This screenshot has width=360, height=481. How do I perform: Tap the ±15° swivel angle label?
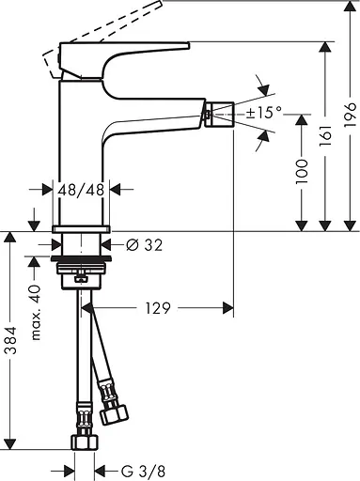[x=265, y=113]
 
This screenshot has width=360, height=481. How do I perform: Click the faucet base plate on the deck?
[x=82, y=228]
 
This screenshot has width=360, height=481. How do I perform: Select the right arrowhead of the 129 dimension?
[x=228, y=306]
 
